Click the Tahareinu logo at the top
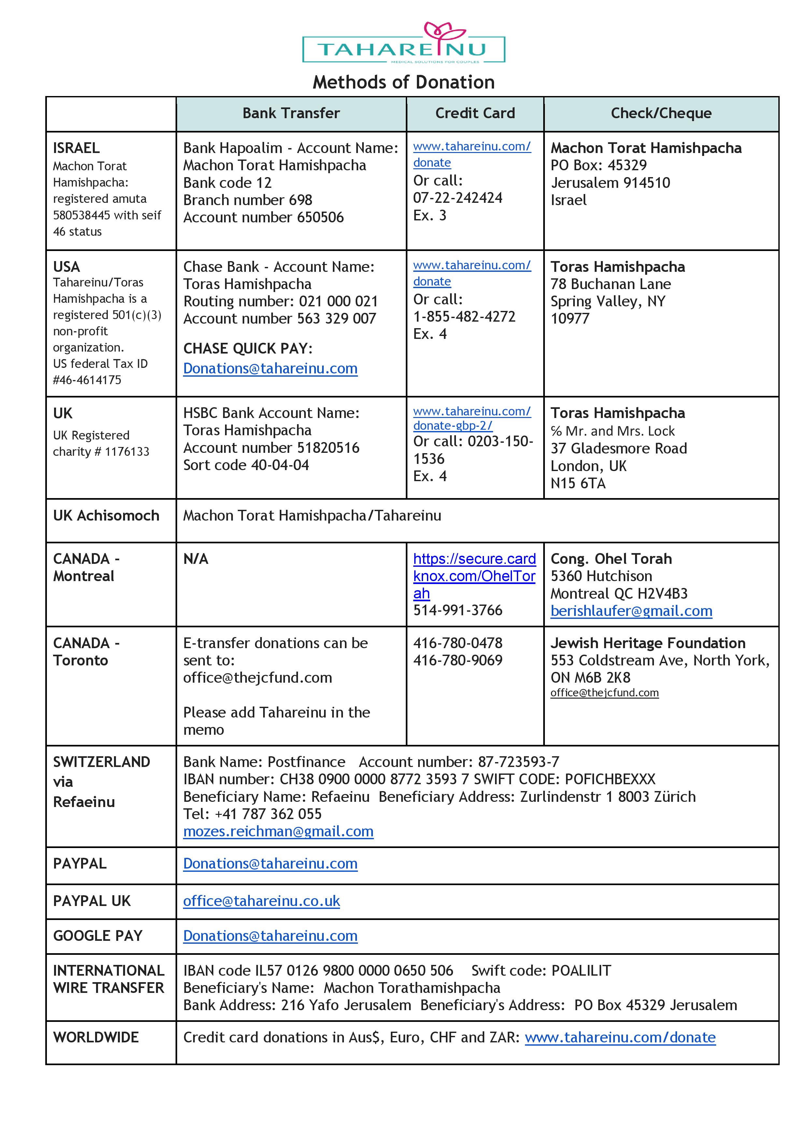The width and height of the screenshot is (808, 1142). (404, 44)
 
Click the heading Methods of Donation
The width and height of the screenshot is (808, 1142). (404, 82)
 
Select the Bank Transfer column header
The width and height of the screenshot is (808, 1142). (291, 113)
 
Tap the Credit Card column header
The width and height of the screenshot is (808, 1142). (475, 113)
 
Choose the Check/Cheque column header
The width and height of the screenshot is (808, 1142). (661, 113)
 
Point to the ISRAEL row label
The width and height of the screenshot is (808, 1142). (76, 148)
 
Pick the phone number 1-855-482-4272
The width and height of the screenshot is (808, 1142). (464, 316)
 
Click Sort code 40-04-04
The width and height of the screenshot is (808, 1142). (246, 465)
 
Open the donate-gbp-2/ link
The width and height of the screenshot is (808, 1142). (453, 426)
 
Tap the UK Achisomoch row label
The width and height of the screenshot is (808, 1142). (106, 515)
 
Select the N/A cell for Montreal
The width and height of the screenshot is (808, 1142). (195, 559)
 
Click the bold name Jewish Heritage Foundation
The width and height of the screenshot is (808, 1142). (648, 643)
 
